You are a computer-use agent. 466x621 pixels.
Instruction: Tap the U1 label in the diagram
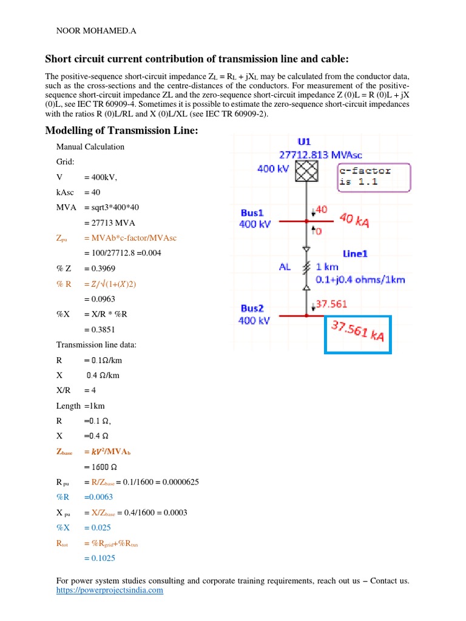pos(304,142)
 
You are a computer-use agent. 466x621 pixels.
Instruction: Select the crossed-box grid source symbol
pos(306,170)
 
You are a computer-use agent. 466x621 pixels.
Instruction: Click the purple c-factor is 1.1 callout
pos(373,176)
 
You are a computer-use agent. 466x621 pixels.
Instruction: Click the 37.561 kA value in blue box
pos(357,331)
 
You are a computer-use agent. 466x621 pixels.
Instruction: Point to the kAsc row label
pos(67,192)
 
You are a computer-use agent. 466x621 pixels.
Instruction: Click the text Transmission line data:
pos(96,344)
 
